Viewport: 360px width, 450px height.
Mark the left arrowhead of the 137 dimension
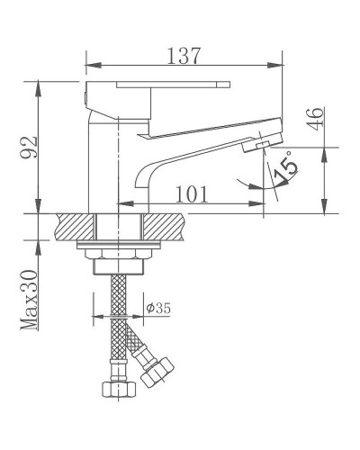[x=90, y=65]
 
